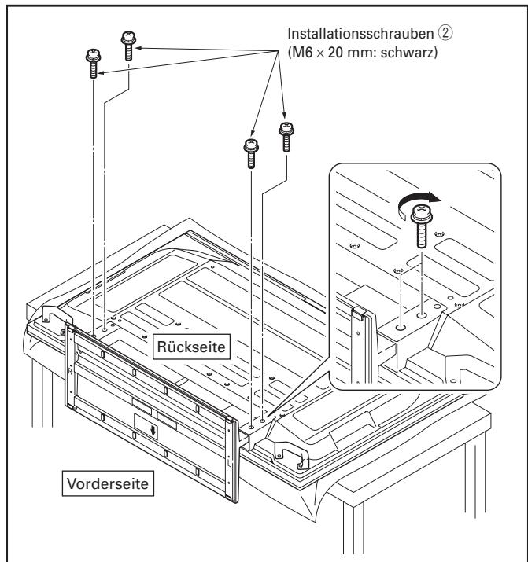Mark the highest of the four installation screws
128,44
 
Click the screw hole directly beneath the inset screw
423,313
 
